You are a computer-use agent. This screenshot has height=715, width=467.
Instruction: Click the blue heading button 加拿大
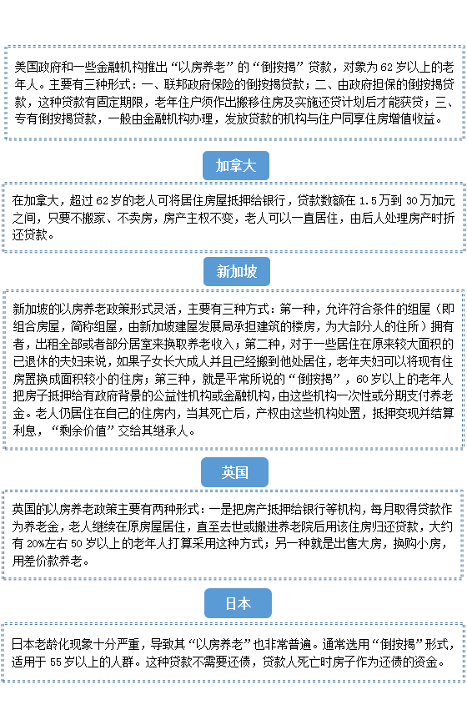tap(235, 165)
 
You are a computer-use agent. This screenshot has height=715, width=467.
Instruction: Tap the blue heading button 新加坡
tap(237, 272)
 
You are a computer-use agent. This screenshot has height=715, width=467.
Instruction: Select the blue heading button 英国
tap(234, 472)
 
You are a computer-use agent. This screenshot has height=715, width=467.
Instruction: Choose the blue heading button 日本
tap(238, 603)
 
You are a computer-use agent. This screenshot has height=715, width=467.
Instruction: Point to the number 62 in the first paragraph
tap(386, 68)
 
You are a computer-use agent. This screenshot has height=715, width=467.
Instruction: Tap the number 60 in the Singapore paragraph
tap(362, 379)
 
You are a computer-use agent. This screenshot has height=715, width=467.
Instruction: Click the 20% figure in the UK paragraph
tap(36, 544)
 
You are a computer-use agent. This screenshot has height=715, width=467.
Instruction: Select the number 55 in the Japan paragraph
tap(56, 662)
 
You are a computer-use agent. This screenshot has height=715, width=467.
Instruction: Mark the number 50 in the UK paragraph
tap(77, 544)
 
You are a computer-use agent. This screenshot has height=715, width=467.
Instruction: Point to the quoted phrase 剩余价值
tap(83, 431)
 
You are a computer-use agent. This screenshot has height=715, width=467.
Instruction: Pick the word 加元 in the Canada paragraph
tap(443, 200)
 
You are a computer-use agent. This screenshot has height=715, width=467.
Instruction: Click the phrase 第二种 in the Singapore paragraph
tap(262, 344)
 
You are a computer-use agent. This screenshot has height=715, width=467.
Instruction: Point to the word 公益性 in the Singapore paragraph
tap(170, 395)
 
